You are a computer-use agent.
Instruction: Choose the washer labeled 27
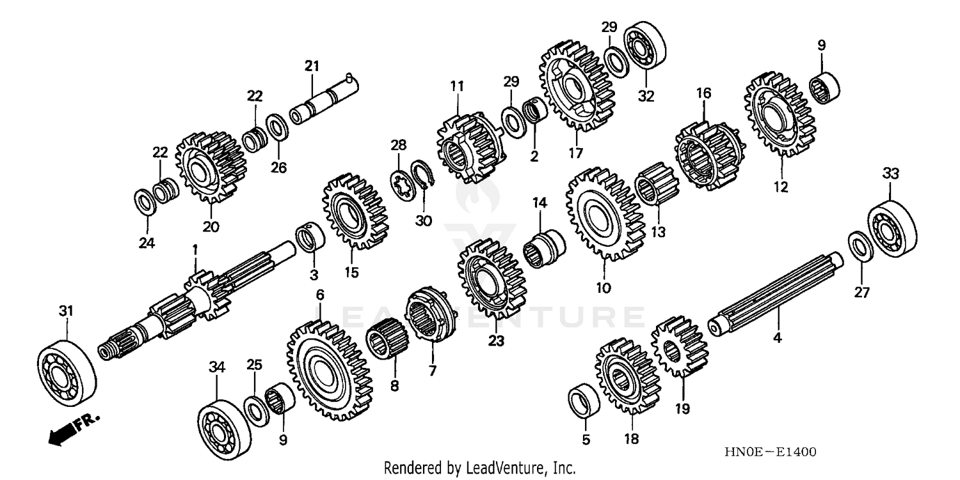coord(861,248)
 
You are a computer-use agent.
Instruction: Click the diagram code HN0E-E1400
coord(770,452)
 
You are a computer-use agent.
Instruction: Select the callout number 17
coord(574,153)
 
